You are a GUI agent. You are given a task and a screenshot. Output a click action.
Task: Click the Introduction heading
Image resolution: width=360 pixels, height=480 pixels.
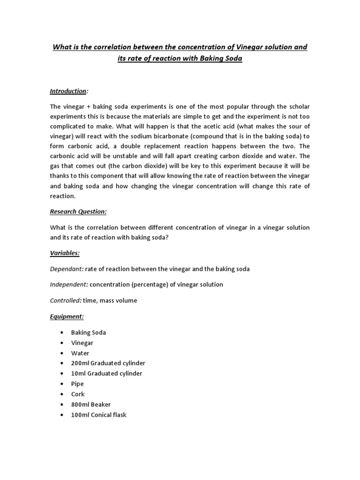68,91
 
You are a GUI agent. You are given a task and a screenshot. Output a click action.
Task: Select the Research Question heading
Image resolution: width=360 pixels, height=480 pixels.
78,211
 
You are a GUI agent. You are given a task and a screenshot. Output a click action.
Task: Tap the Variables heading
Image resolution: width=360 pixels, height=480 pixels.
65,253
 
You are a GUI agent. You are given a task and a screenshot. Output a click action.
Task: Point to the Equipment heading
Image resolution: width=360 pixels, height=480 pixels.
67,316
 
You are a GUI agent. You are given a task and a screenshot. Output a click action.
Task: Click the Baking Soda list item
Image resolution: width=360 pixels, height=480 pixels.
89,332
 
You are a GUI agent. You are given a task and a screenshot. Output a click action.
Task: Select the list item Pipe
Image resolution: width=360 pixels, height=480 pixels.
77,384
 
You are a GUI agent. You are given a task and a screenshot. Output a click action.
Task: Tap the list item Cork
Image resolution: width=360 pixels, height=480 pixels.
78,394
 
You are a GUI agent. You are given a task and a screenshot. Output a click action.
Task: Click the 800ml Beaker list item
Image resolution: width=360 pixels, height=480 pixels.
91,405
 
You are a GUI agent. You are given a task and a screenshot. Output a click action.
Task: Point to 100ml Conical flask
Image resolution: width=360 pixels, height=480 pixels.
99,415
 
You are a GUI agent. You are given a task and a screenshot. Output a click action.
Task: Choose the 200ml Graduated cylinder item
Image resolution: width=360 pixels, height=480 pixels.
108,363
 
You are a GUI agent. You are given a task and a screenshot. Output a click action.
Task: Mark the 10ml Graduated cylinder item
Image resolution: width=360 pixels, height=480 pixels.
106,374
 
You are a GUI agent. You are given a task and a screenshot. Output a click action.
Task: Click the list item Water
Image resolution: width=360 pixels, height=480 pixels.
80,353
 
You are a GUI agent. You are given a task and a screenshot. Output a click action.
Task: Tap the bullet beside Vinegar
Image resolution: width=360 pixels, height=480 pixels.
62,343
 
